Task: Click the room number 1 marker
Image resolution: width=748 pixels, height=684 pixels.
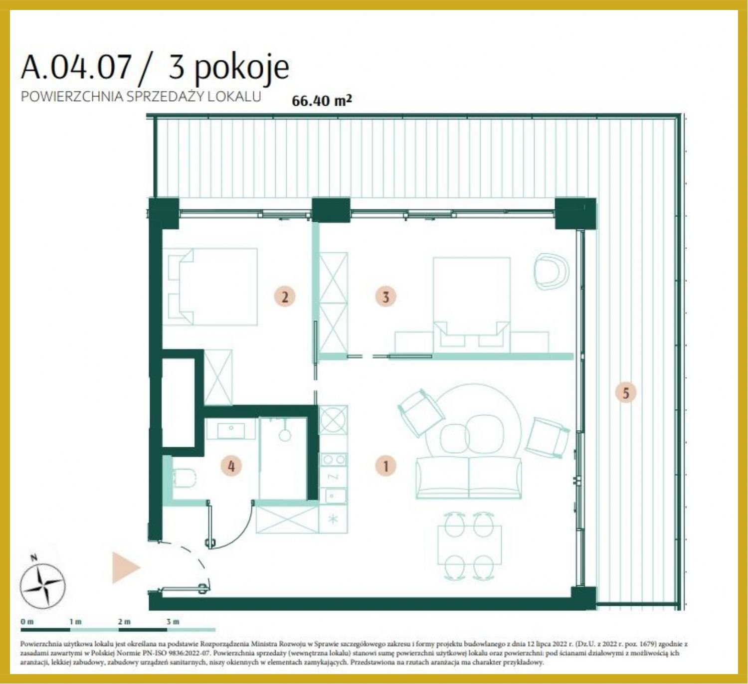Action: point(385,466)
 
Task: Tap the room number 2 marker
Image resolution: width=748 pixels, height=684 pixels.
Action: point(285,297)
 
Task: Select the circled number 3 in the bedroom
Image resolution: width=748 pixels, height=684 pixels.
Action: point(385,297)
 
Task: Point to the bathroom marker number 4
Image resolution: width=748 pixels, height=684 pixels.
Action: point(231,466)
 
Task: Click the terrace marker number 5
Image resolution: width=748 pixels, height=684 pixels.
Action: point(626,393)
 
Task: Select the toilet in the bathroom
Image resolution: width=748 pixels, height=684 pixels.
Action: point(185,478)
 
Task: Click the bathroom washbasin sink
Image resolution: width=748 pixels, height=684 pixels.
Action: point(231,431)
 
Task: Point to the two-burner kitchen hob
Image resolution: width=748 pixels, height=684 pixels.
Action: point(334,460)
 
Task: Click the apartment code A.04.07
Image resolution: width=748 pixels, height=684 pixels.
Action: point(76,67)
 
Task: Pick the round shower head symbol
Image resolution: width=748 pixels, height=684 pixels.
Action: point(285,435)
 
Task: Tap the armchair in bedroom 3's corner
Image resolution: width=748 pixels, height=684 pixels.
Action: point(552,271)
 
